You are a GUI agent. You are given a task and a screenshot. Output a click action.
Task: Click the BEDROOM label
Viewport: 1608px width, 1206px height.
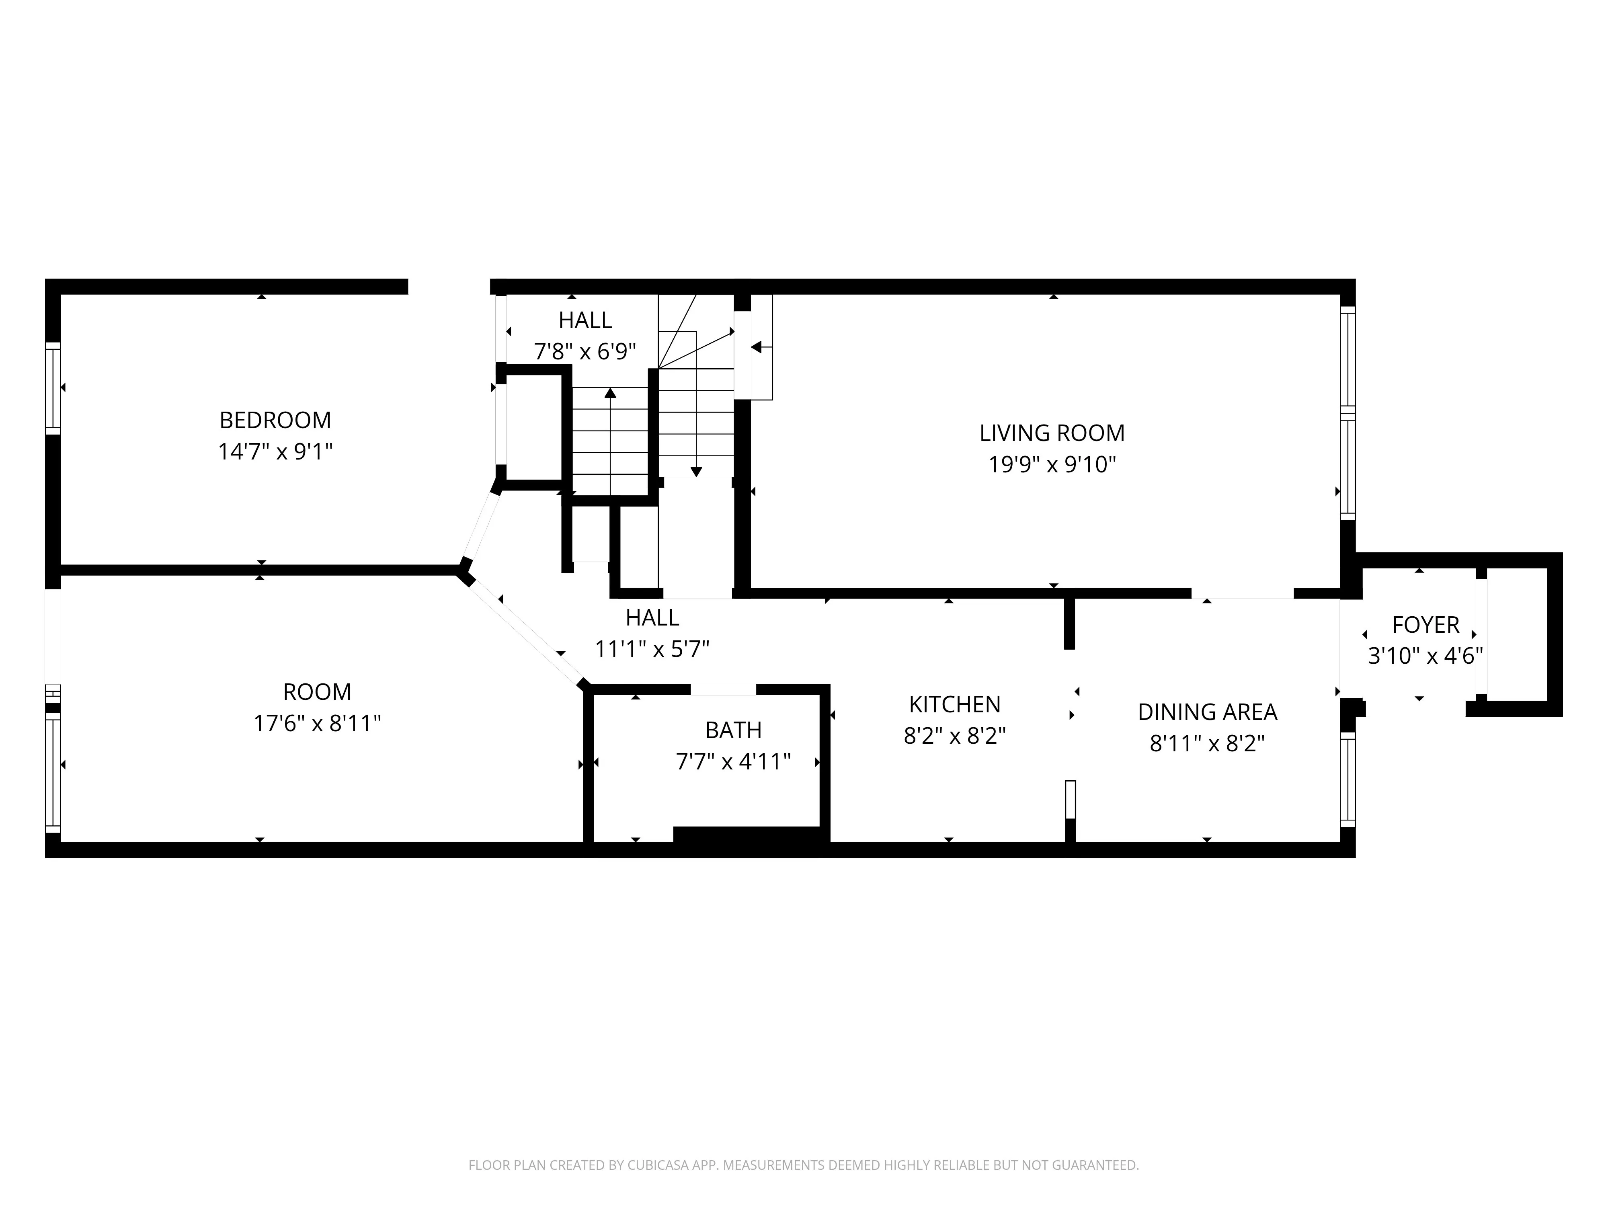[x=275, y=420]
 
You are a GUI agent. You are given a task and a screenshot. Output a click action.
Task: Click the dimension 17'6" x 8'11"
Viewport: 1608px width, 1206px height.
[x=317, y=723]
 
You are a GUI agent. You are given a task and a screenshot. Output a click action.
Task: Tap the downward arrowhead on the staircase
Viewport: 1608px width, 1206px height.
[x=696, y=472]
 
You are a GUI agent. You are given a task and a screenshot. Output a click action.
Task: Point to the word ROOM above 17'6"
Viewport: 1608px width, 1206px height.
[x=317, y=691]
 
